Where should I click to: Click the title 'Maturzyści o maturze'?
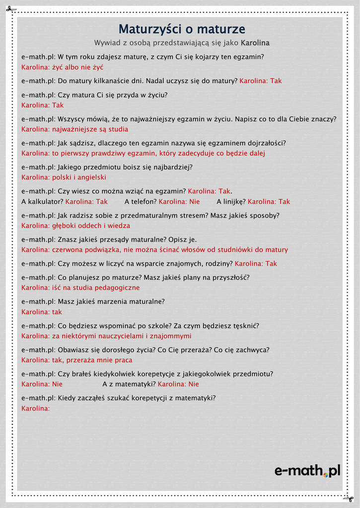pyautogui.click(x=182, y=29)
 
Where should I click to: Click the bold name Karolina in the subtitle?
pyautogui.click(x=255, y=43)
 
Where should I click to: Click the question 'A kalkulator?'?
pyautogui.click(x=42, y=202)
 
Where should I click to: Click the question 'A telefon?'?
pyautogui.click(x=141, y=202)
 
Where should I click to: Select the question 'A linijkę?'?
pyautogui.click(x=231, y=202)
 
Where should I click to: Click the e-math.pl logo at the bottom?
pyautogui.click(x=307, y=470)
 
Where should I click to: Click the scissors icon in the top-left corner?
pyautogui.click(x=11, y=10)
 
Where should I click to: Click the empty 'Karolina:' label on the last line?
pyautogui.click(x=36, y=409)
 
